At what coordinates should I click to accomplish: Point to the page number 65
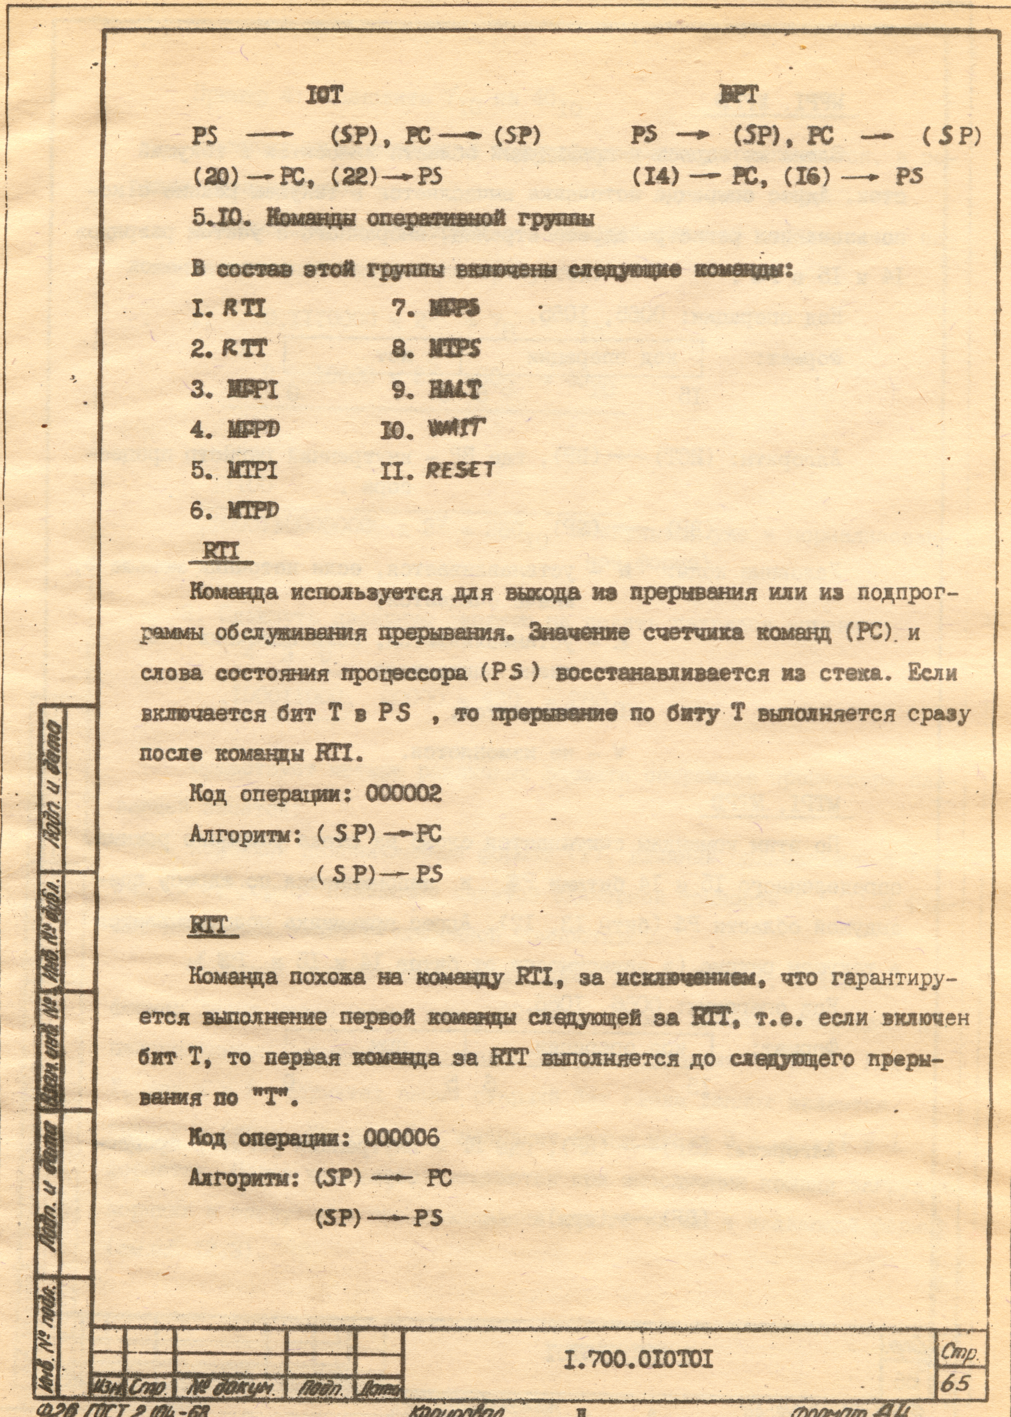pos(956,1365)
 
